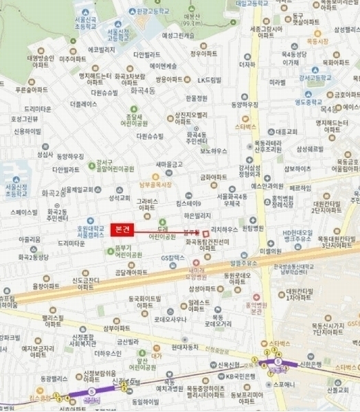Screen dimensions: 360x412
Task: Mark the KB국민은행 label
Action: [x=238, y=376]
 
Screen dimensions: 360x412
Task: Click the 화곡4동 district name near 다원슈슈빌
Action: [x=140, y=89]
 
